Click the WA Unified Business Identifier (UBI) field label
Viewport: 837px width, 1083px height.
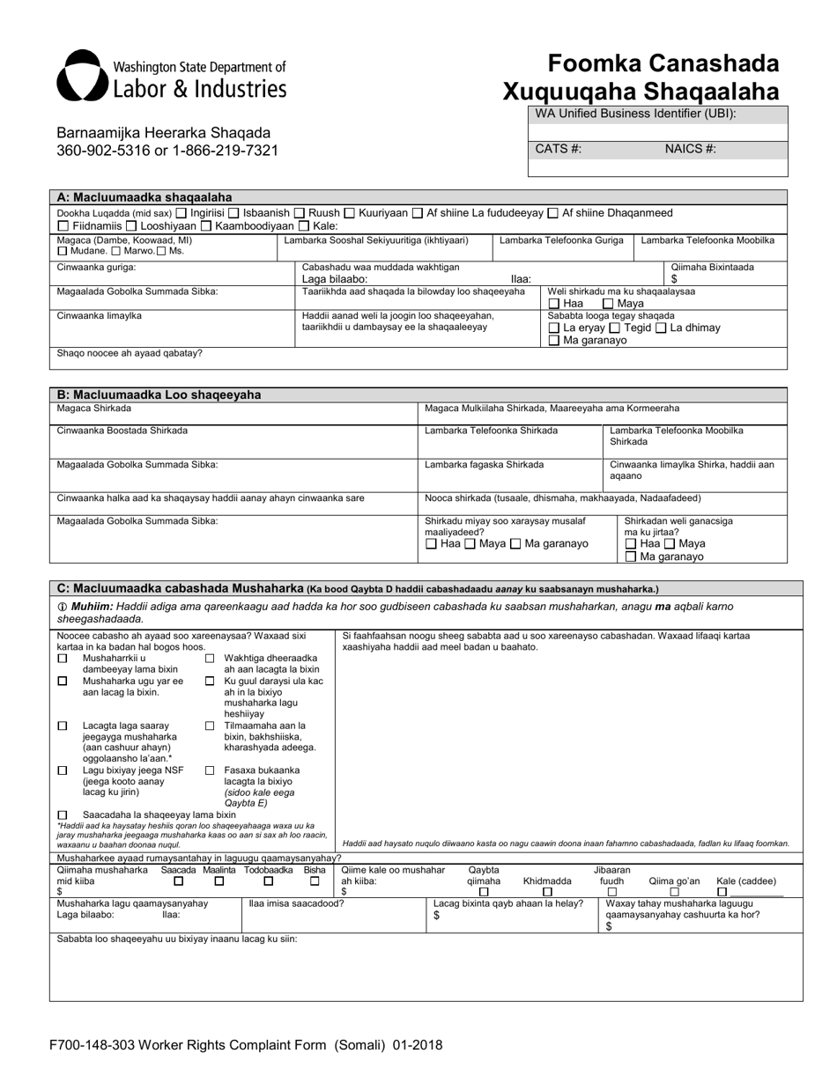pos(635,114)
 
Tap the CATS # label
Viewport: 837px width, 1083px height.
pos(558,149)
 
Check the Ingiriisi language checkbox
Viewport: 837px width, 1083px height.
pos(181,213)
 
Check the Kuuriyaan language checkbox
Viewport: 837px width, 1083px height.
pos(349,213)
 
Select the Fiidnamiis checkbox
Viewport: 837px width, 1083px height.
pos(63,226)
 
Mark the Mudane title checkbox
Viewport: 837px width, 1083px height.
pos(63,252)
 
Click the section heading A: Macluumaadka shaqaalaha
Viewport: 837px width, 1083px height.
pos(144,197)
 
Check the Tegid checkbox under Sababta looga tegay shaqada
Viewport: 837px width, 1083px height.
pos(614,328)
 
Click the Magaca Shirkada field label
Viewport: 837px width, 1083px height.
pos(94,409)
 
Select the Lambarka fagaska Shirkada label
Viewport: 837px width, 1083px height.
pos(484,465)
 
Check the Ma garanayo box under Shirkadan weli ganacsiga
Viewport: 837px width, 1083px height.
pos(630,557)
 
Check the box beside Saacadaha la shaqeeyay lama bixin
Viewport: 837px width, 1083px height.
pos(63,815)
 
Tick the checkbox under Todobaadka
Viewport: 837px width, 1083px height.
pos(269,880)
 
